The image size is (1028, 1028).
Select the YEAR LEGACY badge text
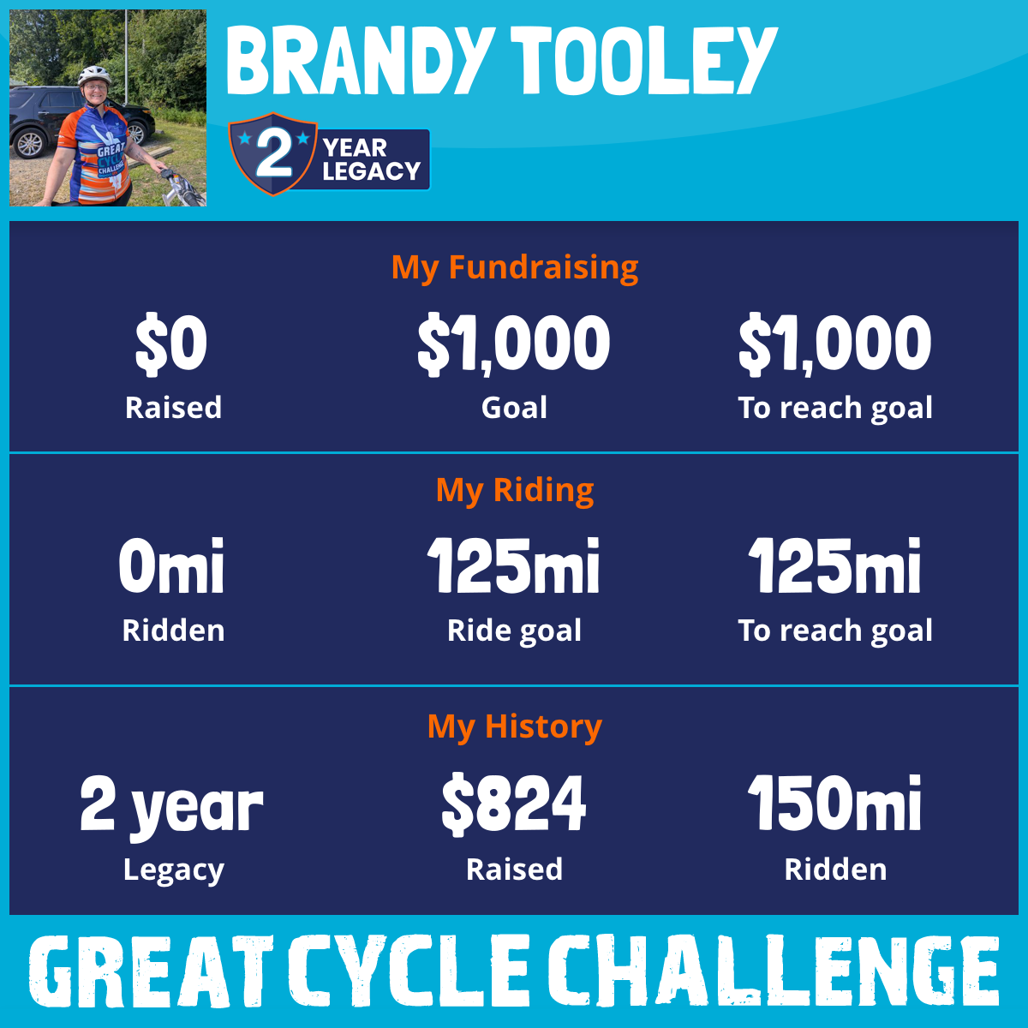(371, 159)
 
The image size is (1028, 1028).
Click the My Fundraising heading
(514, 267)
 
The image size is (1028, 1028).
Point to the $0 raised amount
(171, 344)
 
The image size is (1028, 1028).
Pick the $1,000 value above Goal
(514, 344)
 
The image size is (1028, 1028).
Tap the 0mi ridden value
(171, 565)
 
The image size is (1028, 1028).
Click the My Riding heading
(514, 490)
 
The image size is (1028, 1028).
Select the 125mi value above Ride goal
(514, 565)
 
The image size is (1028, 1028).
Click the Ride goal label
(514, 631)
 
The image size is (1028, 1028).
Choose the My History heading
(514, 726)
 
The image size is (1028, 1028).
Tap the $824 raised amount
(514, 804)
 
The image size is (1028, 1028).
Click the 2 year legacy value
(171, 807)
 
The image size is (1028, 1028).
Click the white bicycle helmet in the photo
(94, 75)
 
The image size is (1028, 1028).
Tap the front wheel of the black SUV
(30, 142)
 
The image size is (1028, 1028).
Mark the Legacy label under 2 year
(173, 870)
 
